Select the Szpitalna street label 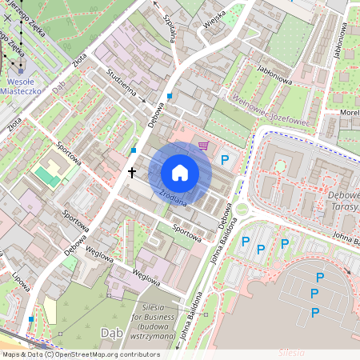click(x=169, y=30)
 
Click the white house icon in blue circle click(x=180, y=173)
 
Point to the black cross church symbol click(x=132, y=173)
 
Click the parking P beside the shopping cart click(x=225, y=161)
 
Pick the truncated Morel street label click(x=349, y=113)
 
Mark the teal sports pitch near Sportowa click(x=48, y=176)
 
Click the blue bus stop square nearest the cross click(x=133, y=150)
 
